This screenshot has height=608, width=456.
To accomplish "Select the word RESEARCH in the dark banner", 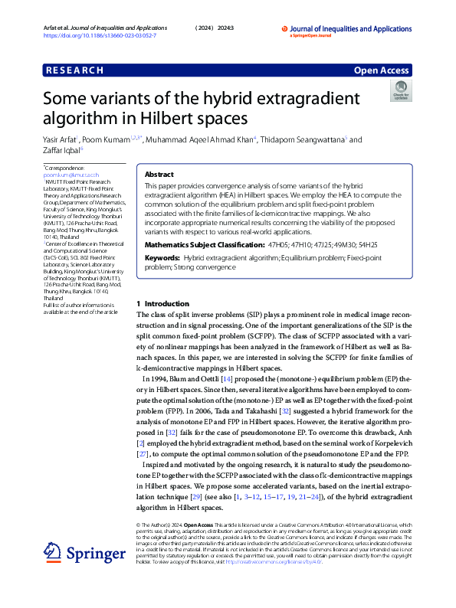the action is point(75,70).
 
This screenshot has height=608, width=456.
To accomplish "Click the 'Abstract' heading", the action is point(159,175).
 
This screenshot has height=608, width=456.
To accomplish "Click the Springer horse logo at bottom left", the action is point(51,552).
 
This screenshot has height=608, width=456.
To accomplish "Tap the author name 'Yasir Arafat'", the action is point(62,140).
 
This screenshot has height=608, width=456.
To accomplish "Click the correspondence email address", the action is point(71,175).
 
